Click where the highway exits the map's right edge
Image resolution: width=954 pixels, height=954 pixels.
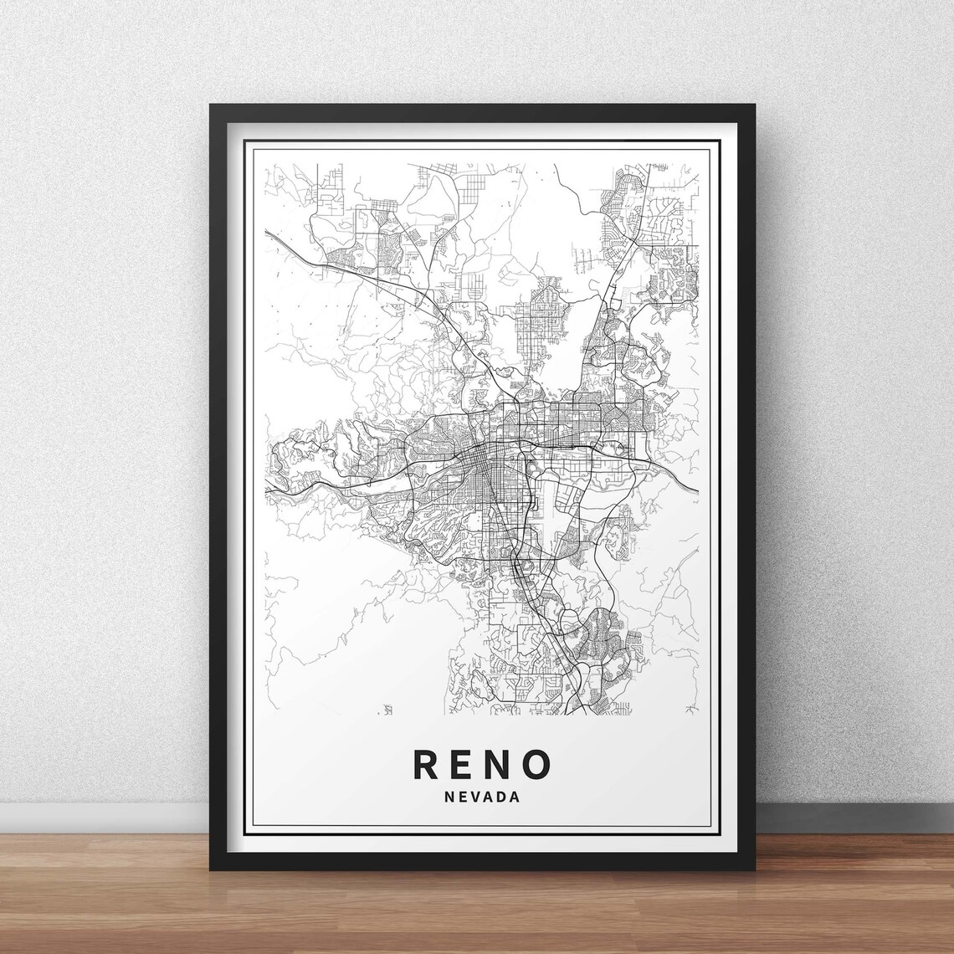[699, 488]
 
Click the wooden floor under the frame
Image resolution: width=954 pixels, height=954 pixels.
[477, 916]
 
